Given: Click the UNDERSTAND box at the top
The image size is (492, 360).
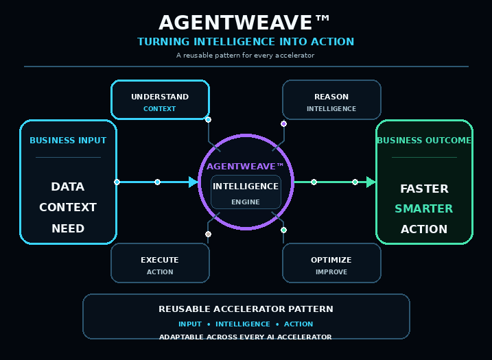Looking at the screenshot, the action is [x=160, y=99].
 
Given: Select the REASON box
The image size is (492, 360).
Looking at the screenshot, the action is [x=331, y=99].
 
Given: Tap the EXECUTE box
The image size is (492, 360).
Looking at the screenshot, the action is [x=160, y=263].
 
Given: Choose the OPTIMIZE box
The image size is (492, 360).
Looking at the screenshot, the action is [x=331, y=263].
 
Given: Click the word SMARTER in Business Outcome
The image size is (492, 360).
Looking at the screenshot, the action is [x=424, y=208].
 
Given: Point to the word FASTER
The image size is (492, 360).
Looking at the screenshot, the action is [x=424, y=189].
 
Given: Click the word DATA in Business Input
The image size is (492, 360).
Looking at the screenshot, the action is [x=68, y=187].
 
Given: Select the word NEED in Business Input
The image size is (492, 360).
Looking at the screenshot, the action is [x=68, y=228].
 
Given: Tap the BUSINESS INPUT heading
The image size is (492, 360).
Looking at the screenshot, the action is [x=68, y=141].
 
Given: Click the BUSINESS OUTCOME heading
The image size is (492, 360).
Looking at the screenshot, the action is [x=424, y=141].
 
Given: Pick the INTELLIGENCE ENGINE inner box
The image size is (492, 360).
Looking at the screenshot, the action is [x=246, y=192].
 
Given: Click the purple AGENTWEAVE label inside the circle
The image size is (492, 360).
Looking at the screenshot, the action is [x=245, y=166].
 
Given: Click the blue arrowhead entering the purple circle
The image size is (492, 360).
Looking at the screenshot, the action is [x=194, y=182].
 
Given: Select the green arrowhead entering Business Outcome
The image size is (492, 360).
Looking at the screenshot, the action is [x=371, y=182].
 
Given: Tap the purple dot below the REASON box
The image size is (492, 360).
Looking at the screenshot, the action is [x=283, y=123].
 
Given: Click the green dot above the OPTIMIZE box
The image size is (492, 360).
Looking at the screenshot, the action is [x=283, y=230].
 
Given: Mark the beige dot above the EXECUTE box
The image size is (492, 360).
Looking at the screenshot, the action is [x=208, y=235].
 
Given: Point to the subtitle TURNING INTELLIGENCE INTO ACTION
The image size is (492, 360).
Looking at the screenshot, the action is [x=246, y=42].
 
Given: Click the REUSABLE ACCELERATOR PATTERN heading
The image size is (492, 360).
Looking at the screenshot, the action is [x=246, y=309].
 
